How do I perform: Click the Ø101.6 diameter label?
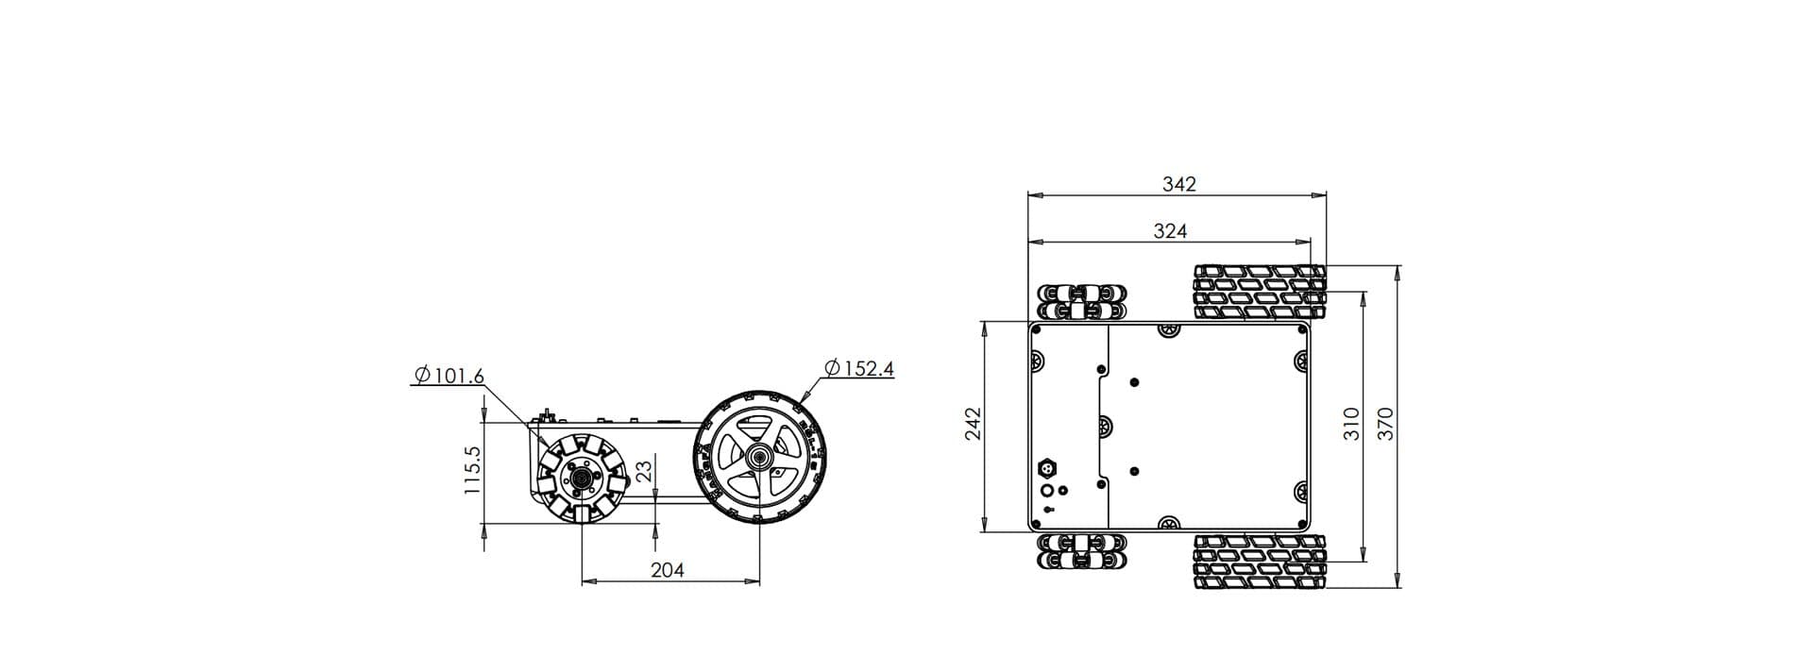449,376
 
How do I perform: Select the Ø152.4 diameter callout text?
858,368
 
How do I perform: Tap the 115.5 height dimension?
474,470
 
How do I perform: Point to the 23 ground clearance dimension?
645,471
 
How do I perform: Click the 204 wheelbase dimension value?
668,570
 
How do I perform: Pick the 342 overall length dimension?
1178,184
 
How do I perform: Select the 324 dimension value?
1170,230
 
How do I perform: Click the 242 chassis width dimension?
974,423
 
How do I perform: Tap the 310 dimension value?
1350,424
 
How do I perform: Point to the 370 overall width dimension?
1385,423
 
